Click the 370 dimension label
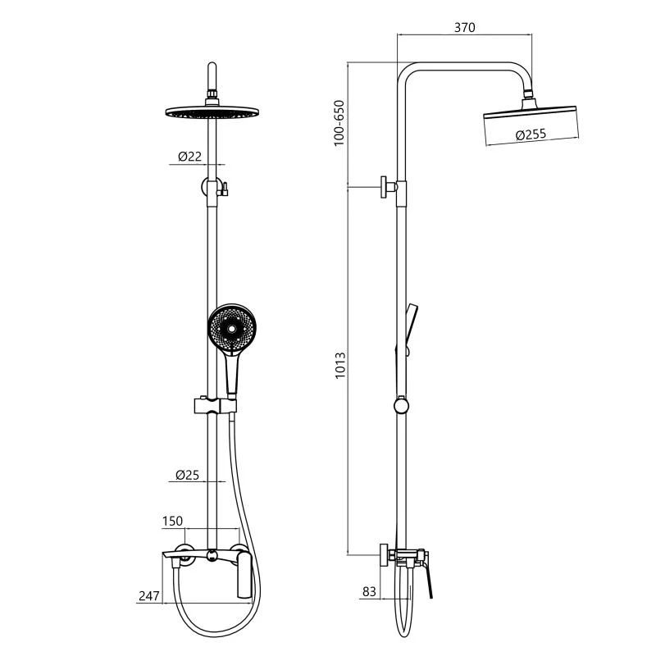point(464,27)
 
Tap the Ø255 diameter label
point(531,134)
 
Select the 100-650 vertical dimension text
point(339,122)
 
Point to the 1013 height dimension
point(340,365)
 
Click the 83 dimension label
point(369,591)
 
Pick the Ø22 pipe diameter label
point(190,157)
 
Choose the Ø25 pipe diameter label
point(188,475)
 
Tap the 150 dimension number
point(172,521)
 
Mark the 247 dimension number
point(149,595)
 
